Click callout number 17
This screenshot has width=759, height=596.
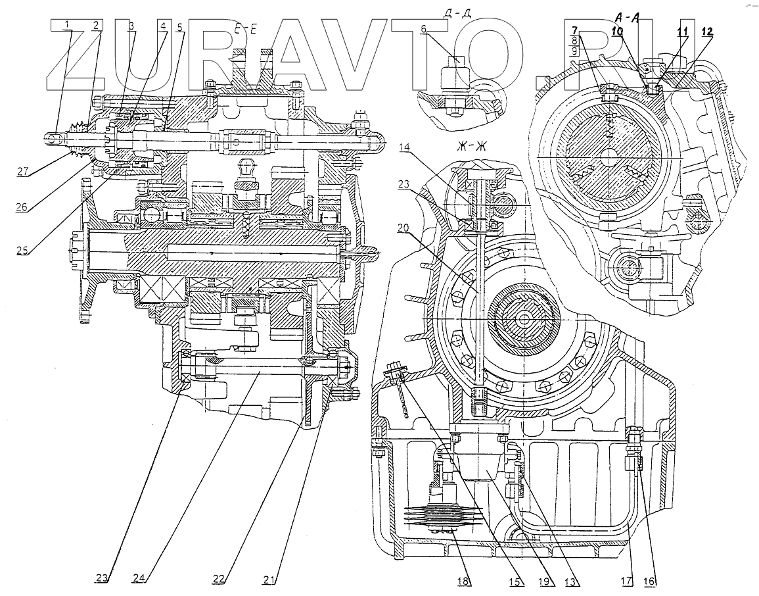point(628,581)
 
